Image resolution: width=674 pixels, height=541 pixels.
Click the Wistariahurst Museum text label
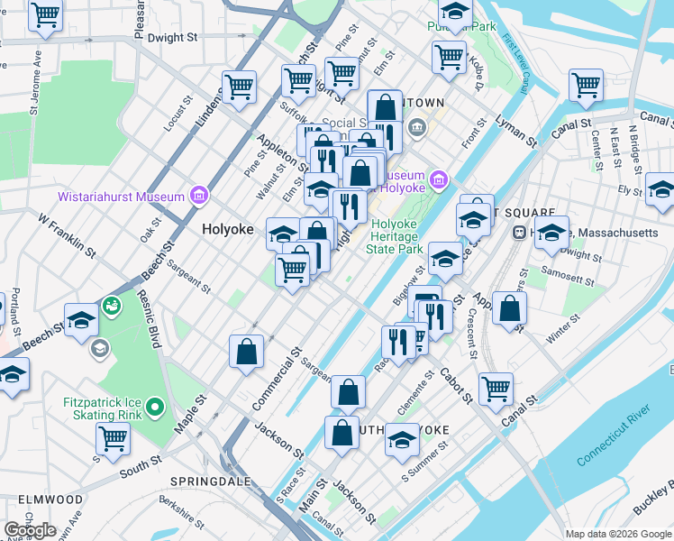click(122, 196)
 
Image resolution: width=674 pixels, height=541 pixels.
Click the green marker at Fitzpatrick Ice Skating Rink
click(155, 408)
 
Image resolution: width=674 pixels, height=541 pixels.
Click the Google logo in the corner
click(30, 530)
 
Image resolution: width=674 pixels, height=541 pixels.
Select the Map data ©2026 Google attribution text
click(617, 534)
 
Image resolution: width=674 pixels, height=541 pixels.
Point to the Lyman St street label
click(515, 130)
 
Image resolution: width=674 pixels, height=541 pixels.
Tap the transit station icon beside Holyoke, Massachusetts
click(519, 233)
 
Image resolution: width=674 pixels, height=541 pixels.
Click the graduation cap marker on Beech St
click(81, 321)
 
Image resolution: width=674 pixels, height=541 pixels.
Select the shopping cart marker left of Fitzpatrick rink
click(113, 437)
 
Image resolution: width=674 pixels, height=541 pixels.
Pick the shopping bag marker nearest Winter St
click(510, 308)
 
